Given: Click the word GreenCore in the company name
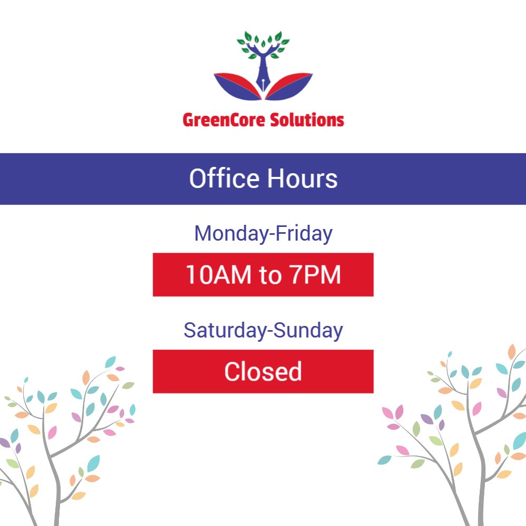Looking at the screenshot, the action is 224,120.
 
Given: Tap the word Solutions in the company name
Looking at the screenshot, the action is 307,120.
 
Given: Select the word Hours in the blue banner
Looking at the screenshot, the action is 302,178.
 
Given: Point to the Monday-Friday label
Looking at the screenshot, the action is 263,233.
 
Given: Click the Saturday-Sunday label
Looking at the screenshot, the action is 263,331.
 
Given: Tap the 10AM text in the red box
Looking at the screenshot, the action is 219,275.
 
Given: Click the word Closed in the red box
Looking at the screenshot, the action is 263,372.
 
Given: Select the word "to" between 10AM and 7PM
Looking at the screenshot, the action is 270,275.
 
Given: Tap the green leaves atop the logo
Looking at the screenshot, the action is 263,45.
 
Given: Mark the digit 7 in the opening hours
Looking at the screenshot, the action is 296,275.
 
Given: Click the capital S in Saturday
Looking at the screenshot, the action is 190,331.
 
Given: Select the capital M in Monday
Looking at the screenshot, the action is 203,233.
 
